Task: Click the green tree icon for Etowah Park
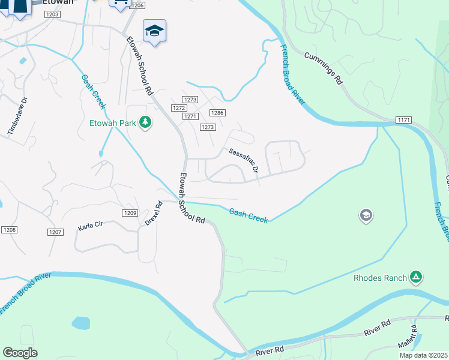(145, 123)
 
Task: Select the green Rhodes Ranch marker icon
(416, 277)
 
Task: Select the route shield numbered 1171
(404, 121)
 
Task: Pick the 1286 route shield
(217, 113)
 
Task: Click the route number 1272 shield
(178, 108)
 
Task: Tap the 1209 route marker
(131, 213)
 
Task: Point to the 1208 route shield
(9, 230)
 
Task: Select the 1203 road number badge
(52, 14)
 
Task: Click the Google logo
(20, 353)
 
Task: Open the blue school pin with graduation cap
(154, 31)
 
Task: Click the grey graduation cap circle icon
(366, 215)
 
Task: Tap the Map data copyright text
(423, 355)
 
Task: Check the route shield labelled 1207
(55, 232)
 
